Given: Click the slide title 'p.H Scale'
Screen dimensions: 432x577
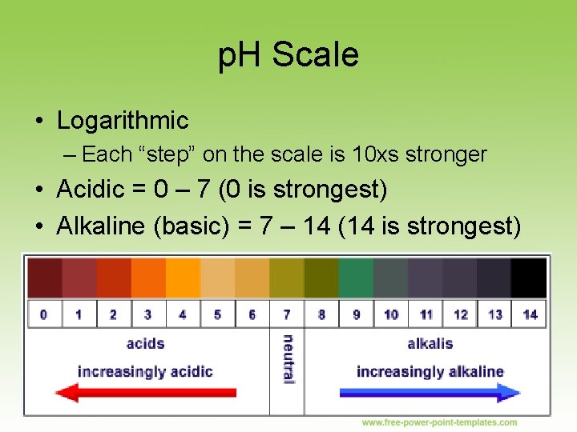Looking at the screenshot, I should [288, 55].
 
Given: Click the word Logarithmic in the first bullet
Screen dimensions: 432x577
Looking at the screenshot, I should [123, 121].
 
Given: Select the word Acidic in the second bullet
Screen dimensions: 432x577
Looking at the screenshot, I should [91, 190].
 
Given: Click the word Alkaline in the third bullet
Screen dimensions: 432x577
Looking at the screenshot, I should [101, 226].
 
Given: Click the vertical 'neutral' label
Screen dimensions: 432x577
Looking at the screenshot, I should [288, 359].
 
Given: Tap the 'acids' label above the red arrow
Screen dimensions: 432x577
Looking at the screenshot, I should [145, 344].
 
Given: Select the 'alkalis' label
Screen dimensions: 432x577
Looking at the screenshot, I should [430, 344].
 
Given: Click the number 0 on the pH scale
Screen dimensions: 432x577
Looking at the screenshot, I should [43, 314].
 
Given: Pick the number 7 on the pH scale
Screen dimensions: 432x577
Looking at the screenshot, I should [287, 314].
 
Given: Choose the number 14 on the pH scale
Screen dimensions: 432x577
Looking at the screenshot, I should [530, 314].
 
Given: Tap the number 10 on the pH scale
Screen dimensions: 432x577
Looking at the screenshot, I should [391, 314].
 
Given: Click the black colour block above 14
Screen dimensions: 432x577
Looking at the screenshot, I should [529, 278].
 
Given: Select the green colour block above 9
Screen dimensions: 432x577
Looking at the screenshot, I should [356, 278].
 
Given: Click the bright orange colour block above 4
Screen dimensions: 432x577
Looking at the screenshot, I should [182, 278].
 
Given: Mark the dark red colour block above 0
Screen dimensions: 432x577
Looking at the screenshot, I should [44, 278].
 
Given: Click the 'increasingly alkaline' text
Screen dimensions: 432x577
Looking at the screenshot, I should [430, 371].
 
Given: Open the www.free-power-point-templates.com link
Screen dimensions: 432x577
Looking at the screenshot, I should [439, 422].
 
